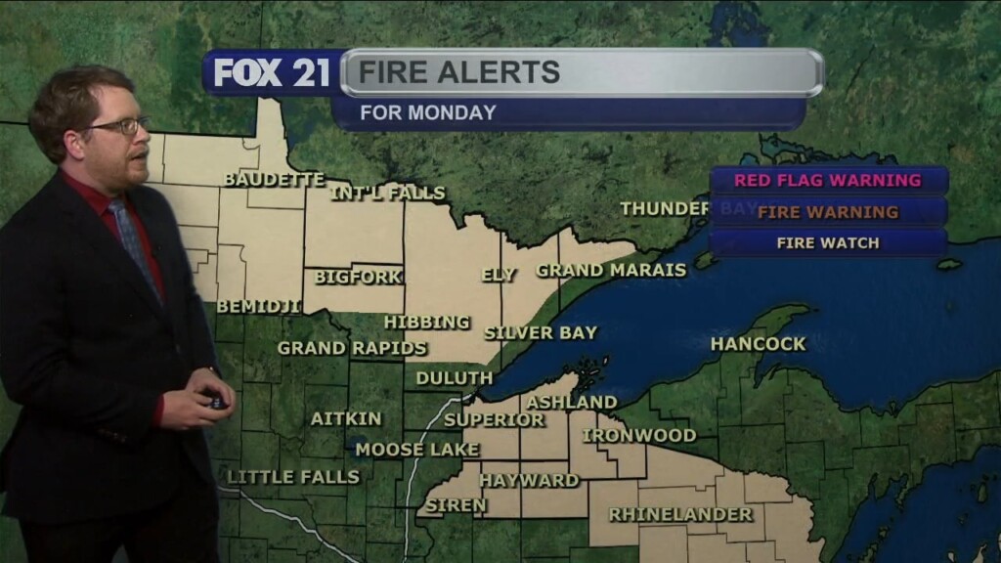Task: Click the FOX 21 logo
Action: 273,72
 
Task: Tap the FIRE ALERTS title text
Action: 459,72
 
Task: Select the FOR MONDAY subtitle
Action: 428,112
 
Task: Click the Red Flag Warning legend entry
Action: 827,180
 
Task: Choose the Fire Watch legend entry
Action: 827,242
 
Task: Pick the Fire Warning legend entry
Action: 827,211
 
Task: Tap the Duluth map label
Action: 455,377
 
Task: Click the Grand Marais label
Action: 611,270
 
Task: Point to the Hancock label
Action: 758,344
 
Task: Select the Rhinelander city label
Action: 680,514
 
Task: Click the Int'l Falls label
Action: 387,194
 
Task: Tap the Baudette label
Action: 273,180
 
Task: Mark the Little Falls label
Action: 293,477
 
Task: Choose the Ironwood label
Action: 639,435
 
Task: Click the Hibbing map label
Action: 426,322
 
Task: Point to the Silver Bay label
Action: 541,332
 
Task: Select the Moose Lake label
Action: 416,450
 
